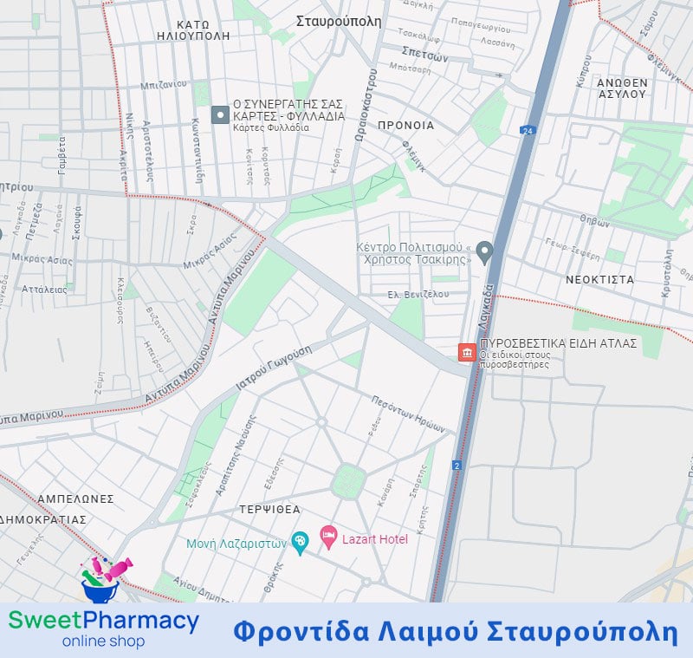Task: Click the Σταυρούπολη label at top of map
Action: tap(339, 22)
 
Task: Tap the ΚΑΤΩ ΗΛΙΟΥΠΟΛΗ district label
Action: tap(193, 30)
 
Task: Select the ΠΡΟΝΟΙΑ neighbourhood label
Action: tap(405, 126)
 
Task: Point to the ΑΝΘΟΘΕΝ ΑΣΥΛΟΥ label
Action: tap(622, 88)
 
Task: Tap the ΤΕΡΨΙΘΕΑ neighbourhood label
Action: tap(270, 510)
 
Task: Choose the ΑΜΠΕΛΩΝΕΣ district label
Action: tap(75, 499)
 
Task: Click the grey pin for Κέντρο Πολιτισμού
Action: tap(485, 253)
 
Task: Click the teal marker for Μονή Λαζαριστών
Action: tap(300, 544)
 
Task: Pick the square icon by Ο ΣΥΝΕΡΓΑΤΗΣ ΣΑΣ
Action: tap(220, 114)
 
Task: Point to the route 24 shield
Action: tap(527, 131)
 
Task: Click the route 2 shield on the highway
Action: tap(457, 466)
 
